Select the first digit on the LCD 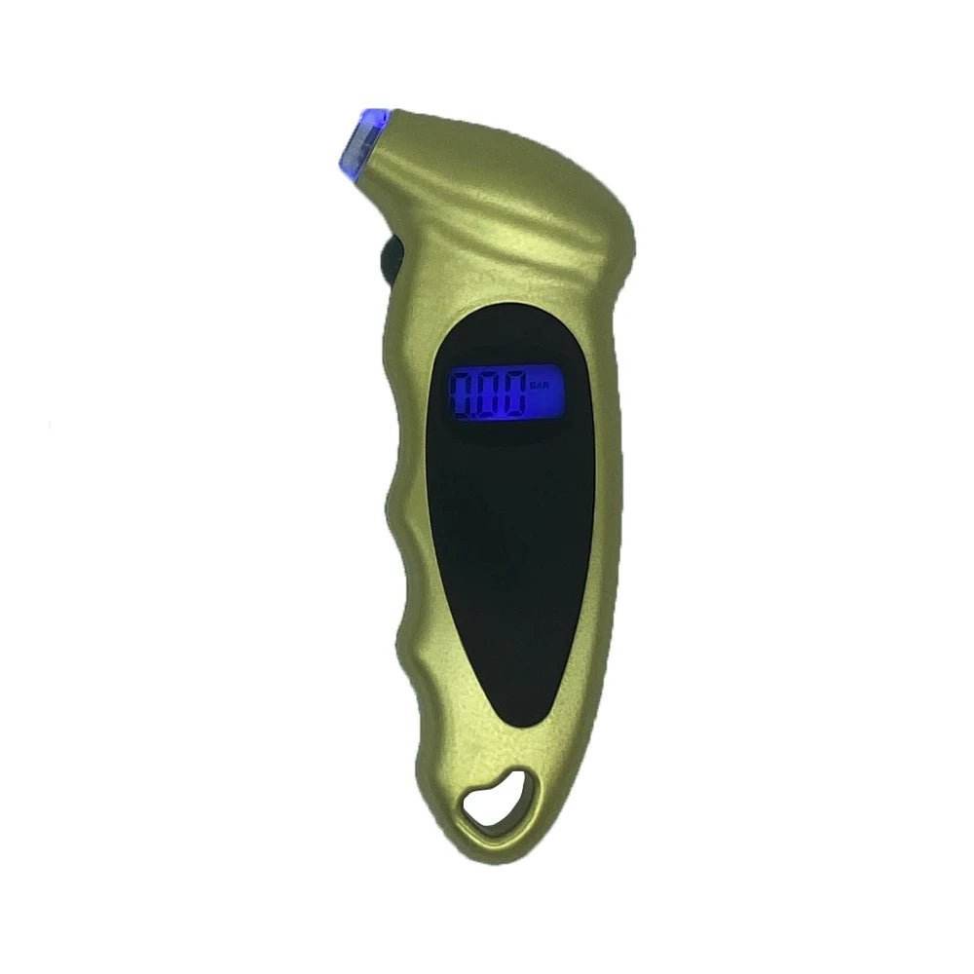coord(462,394)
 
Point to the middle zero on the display coord(487,394)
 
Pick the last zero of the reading coord(512,394)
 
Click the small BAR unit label coord(541,387)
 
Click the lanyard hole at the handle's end coord(498,801)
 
